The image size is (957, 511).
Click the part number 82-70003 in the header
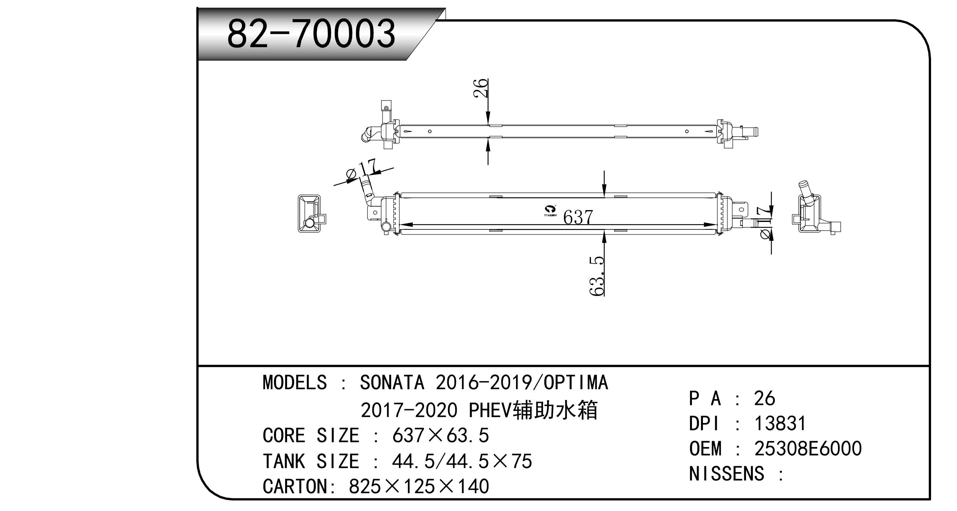click(x=311, y=34)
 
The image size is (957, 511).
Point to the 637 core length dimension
click(x=578, y=217)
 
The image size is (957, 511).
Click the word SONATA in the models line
click(x=392, y=383)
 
